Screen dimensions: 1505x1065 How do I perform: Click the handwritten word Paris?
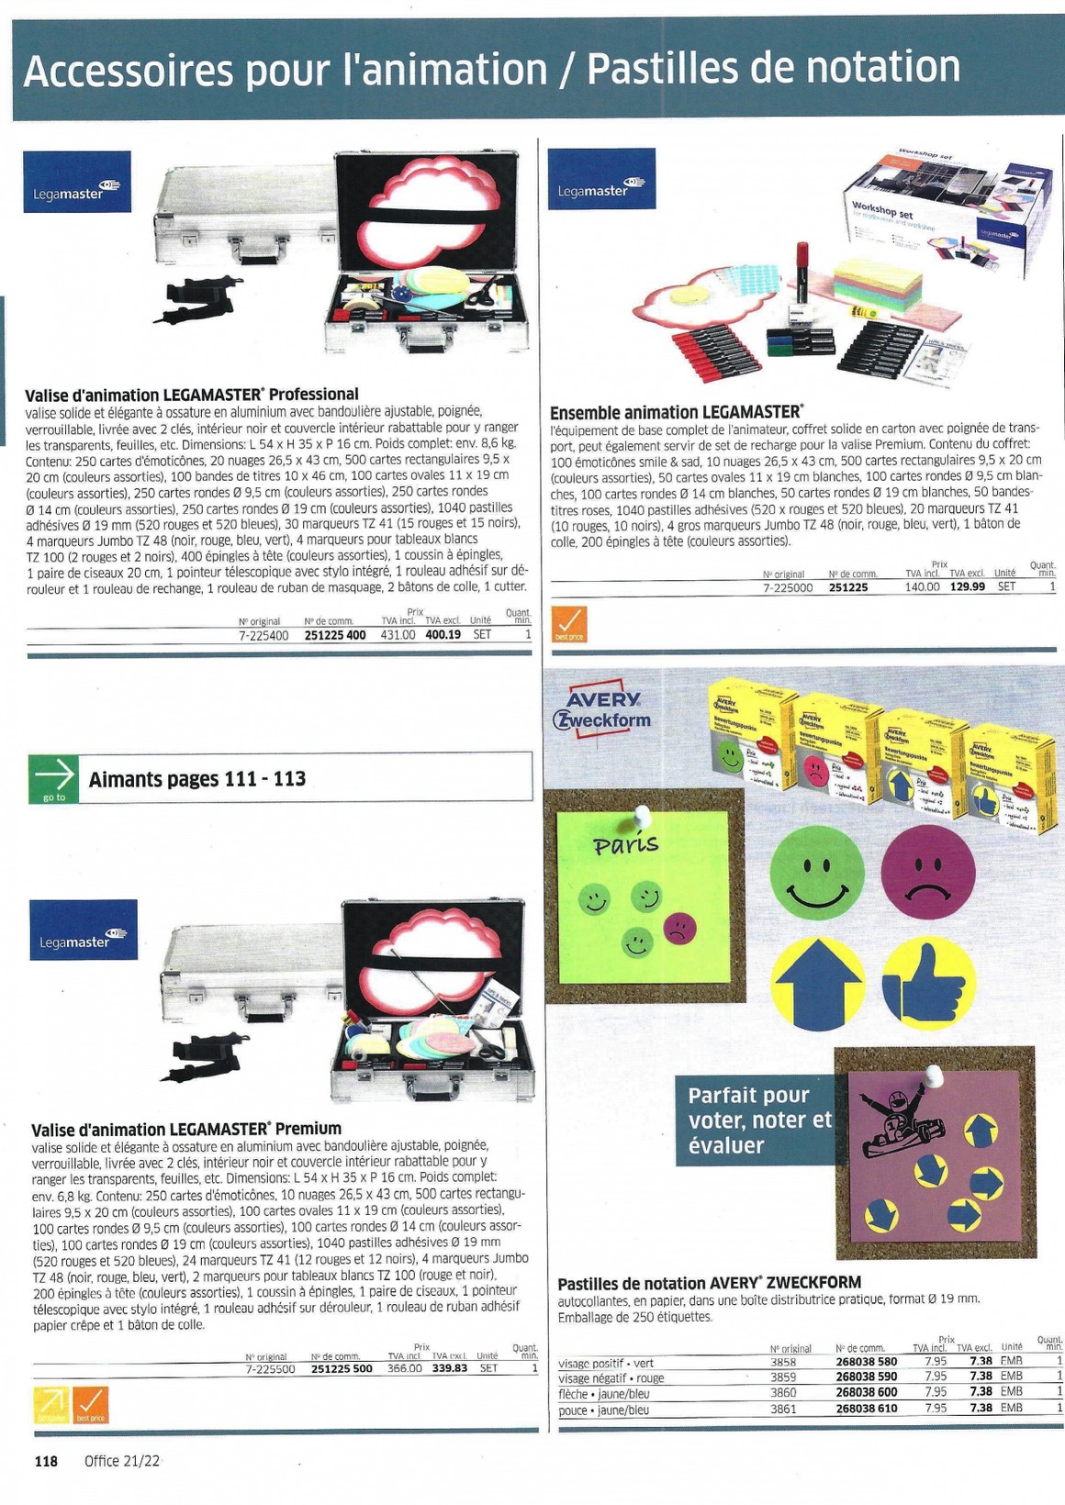click(626, 843)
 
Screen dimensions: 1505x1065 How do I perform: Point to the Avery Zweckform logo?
click(601, 708)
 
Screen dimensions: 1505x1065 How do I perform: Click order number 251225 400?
click(335, 634)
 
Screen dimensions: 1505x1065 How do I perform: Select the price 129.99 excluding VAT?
click(967, 587)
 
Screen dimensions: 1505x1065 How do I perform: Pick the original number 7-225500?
click(270, 1367)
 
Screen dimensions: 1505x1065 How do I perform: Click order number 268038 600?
click(866, 1392)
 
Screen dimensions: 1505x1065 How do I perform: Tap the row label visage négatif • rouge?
click(611, 1377)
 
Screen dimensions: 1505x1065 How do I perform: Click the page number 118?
click(46, 1461)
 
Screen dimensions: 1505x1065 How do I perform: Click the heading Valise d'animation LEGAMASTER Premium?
click(186, 1129)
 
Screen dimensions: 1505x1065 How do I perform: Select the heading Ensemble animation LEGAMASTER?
click(675, 413)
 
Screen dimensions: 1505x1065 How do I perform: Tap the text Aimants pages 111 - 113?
click(197, 779)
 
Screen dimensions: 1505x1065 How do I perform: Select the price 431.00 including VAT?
click(398, 634)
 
